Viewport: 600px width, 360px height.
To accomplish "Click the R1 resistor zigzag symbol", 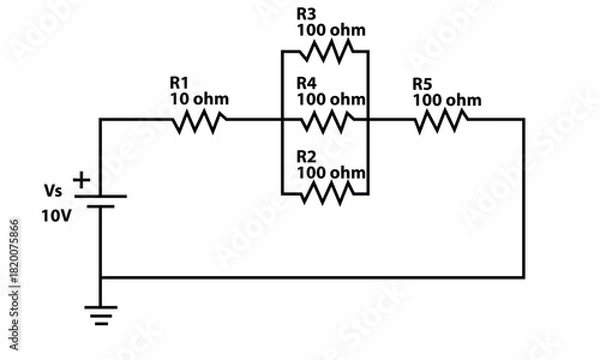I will [201, 120].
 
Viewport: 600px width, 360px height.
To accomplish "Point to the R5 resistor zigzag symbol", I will [440, 120].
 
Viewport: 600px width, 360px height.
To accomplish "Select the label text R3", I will [307, 14].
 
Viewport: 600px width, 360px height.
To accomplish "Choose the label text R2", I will [307, 157].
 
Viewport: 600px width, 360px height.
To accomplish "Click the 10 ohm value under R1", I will [200, 99].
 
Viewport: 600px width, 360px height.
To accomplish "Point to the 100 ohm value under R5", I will [446, 100].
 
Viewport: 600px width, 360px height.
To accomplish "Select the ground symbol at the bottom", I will [101, 315].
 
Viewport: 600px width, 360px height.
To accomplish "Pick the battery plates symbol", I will [101, 201].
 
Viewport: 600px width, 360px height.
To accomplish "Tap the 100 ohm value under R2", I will [331, 173].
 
